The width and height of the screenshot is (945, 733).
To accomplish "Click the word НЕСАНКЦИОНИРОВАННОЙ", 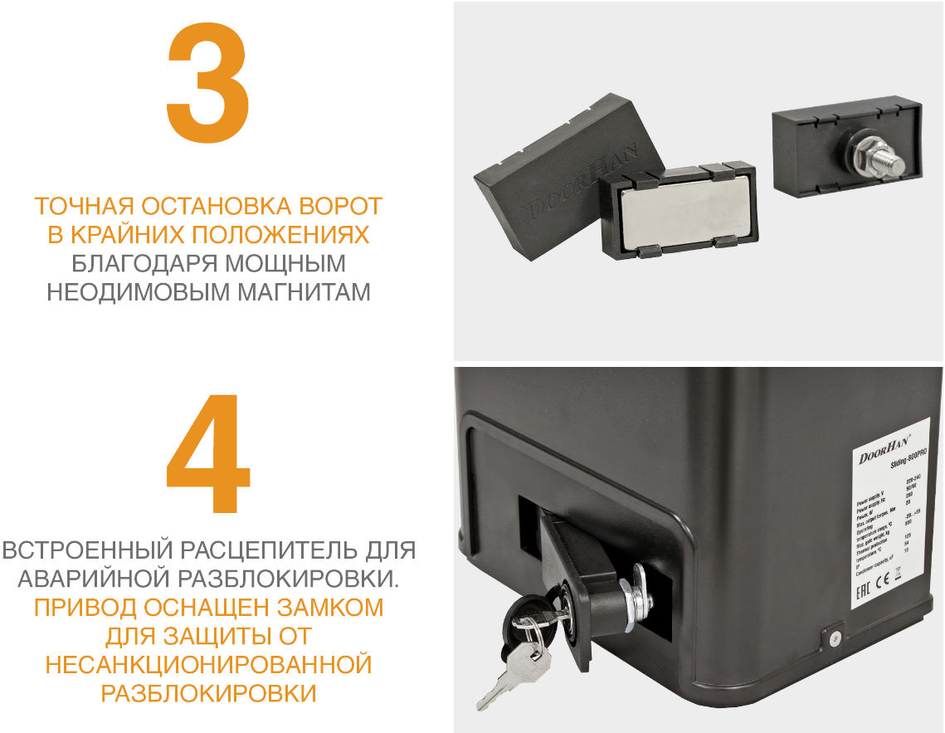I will click(x=207, y=664).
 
